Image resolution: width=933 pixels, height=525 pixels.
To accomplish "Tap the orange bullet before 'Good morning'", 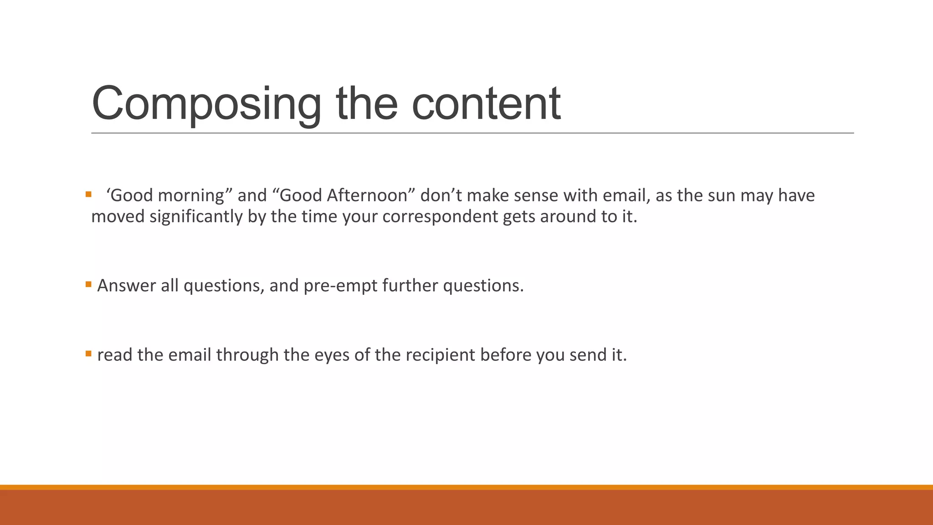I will click(x=88, y=195).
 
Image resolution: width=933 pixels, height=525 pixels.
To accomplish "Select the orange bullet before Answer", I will click(x=88, y=285).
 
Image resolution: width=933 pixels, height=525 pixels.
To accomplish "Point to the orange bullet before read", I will click(x=88, y=354).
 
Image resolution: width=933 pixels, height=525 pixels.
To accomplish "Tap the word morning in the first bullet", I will click(x=191, y=196).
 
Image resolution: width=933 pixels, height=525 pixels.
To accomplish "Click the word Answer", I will click(x=126, y=286).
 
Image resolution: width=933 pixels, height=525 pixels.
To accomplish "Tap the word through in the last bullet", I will click(x=247, y=355).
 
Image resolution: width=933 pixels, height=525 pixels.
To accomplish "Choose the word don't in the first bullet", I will click(x=441, y=196).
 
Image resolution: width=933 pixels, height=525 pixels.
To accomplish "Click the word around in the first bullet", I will click(x=568, y=216).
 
